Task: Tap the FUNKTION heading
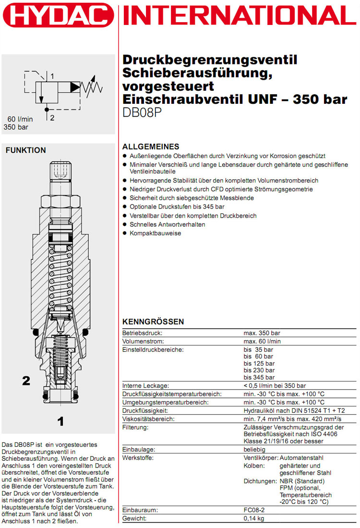click(x=25, y=150)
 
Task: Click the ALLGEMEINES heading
click(x=151, y=147)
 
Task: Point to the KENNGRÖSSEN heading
click(x=153, y=321)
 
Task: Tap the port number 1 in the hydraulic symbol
click(x=52, y=76)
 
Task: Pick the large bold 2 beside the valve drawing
click(x=26, y=381)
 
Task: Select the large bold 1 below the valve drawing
click(x=60, y=422)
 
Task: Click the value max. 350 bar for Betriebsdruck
click(x=262, y=332)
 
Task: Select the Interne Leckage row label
click(x=145, y=385)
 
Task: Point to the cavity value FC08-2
click(x=255, y=510)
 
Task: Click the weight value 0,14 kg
click(x=254, y=519)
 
